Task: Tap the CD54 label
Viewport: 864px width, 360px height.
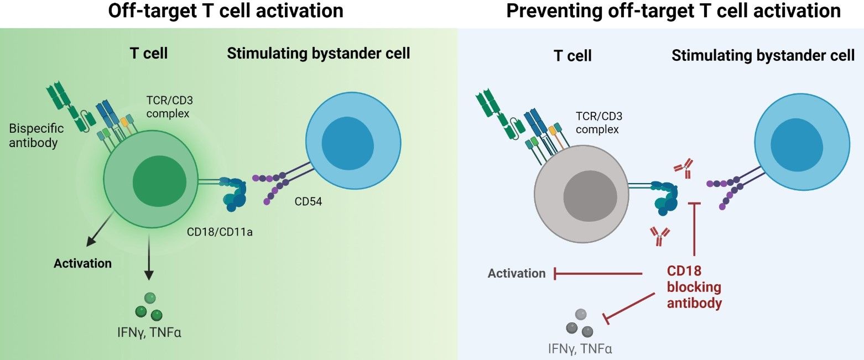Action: [308, 202]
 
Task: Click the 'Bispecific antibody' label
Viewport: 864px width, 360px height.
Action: [37, 135]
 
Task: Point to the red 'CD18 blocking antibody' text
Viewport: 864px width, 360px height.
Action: [694, 288]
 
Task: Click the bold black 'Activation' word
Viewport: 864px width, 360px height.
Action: [82, 263]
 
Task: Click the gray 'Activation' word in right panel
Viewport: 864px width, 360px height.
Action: [517, 273]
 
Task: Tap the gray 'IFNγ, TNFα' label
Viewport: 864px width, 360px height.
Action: [580, 348]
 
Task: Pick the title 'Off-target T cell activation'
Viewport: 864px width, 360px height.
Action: [226, 11]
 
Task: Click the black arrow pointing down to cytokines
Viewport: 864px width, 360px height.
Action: [148, 260]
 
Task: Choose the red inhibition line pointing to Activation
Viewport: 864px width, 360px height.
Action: [597, 273]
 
